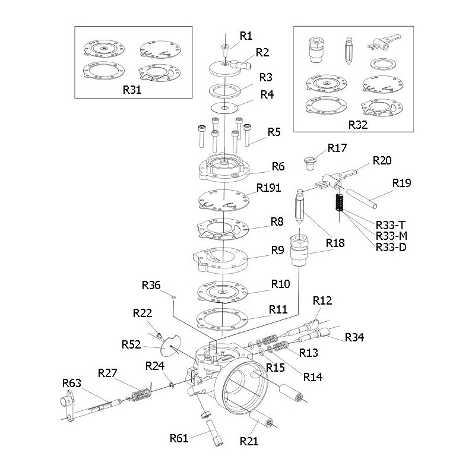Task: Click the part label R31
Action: (132, 90)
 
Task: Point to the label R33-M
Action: (390, 235)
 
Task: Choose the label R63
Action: (72, 383)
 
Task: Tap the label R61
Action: (179, 438)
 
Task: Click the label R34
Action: (354, 337)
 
